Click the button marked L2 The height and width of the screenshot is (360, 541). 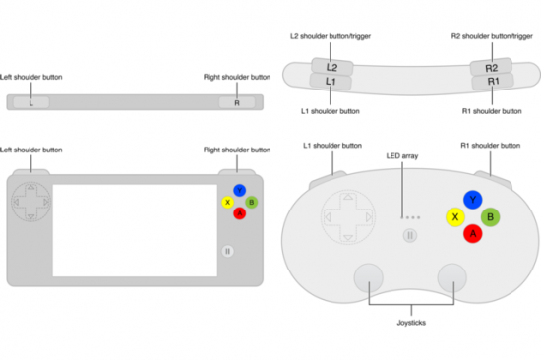pos(331,67)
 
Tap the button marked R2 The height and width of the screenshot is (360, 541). pos(491,67)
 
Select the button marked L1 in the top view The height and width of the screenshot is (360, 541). pos(331,83)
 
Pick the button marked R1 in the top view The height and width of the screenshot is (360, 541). pos(491,82)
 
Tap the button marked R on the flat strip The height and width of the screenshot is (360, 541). pos(236,102)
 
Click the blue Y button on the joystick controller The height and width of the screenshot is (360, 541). pos(472,200)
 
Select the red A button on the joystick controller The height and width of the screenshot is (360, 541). pos(472,233)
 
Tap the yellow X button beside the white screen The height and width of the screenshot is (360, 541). pos(228,203)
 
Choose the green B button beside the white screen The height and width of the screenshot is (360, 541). pos(252,203)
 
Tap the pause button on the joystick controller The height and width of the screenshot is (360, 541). pos(410,235)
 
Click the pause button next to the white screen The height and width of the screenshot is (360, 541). pos(228,251)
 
